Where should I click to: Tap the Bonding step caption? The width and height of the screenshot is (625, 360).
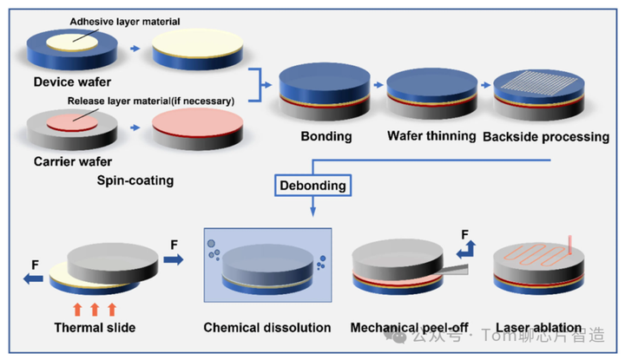point(325,136)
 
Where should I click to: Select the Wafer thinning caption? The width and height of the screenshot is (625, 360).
point(431,136)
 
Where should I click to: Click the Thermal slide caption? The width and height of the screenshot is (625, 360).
point(95,327)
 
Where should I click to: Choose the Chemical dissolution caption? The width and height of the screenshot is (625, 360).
point(267,327)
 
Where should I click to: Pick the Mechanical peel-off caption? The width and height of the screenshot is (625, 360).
point(405,327)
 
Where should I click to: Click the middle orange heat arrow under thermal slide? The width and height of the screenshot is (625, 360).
point(95,308)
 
